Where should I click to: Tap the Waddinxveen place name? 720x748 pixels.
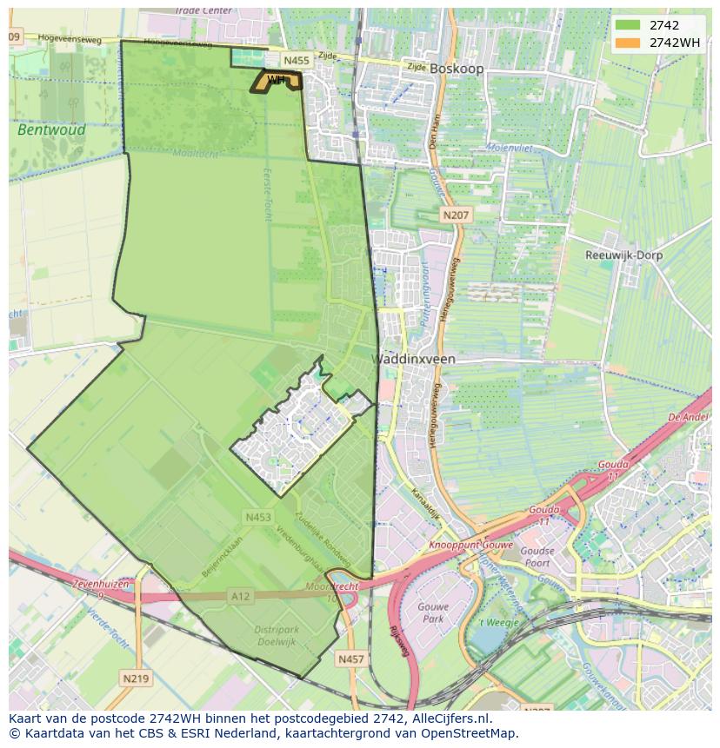[x=414, y=359]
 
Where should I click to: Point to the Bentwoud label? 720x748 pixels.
[x=51, y=129]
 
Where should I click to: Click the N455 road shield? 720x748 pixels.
[x=297, y=60]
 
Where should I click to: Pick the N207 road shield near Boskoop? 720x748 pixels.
[x=456, y=215]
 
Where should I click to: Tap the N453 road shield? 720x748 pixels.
[x=258, y=517]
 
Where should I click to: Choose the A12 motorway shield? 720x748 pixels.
[x=241, y=595]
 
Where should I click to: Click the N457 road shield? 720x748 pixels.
[x=351, y=659]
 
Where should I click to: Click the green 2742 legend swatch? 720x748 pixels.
[x=627, y=25]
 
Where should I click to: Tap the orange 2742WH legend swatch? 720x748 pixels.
[x=627, y=43]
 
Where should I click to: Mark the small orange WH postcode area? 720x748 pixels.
[x=277, y=81]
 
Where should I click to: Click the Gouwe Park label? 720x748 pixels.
[x=432, y=612]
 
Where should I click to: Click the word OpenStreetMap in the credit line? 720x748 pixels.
[x=470, y=733]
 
